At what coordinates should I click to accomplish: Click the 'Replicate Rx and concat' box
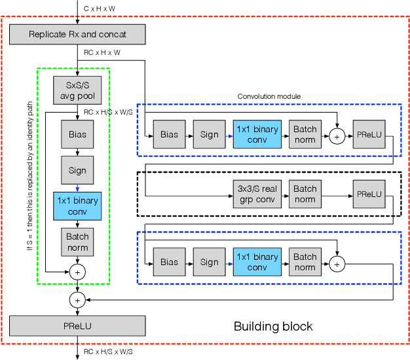(77, 33)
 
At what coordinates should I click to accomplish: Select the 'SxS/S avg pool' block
(77, 90)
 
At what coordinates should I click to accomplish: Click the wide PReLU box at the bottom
(77, 325)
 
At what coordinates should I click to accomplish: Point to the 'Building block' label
(273, 326)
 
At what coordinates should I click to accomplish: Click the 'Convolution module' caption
(269, 96)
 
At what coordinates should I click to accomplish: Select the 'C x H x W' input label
(100, 7)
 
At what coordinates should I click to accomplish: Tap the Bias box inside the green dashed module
(77, 134)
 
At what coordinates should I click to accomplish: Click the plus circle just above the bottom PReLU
(77, 300)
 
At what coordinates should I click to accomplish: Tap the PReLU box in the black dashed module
(368, 194)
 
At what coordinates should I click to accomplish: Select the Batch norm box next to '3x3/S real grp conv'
(305, 194)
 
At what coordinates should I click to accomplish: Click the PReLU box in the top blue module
(368, 134)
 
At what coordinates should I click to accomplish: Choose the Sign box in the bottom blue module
(209, 262)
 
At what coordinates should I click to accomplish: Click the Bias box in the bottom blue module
(169, 262)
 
